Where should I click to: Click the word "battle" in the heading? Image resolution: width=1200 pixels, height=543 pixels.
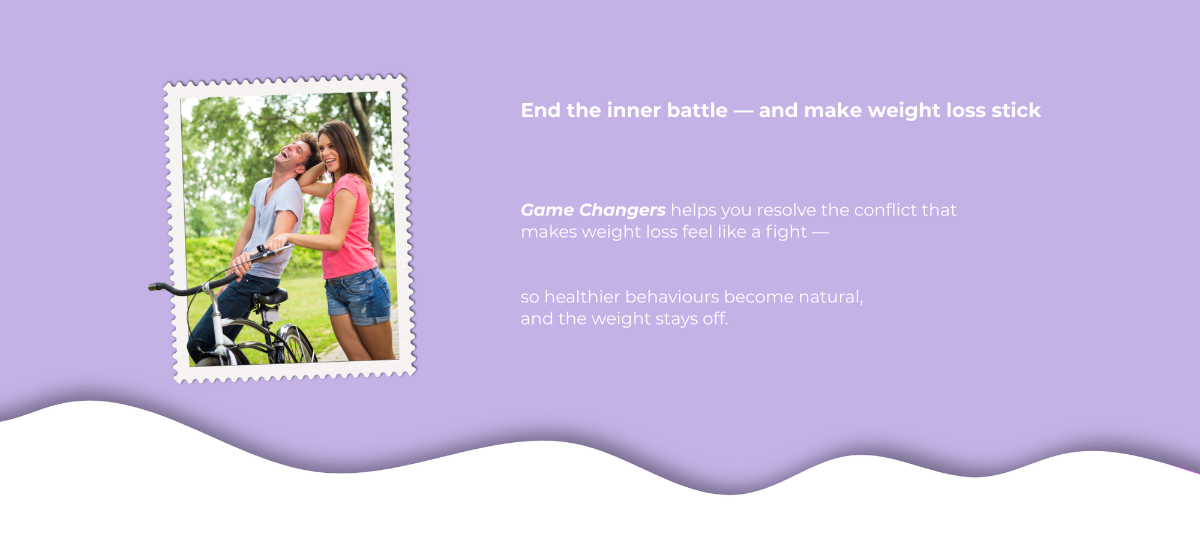(697, 110)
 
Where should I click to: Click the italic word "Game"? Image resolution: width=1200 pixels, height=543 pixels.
(547, 210)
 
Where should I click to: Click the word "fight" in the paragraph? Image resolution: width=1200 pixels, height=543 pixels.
(786, 232)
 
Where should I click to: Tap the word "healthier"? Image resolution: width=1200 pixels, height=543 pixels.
(582, 297)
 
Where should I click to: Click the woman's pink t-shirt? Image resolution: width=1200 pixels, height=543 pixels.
(347, 228)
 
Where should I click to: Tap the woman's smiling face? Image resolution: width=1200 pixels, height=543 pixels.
(329, 150)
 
